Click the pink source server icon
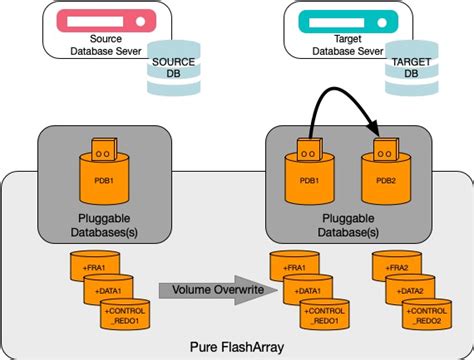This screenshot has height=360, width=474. (x=98, y=20)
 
